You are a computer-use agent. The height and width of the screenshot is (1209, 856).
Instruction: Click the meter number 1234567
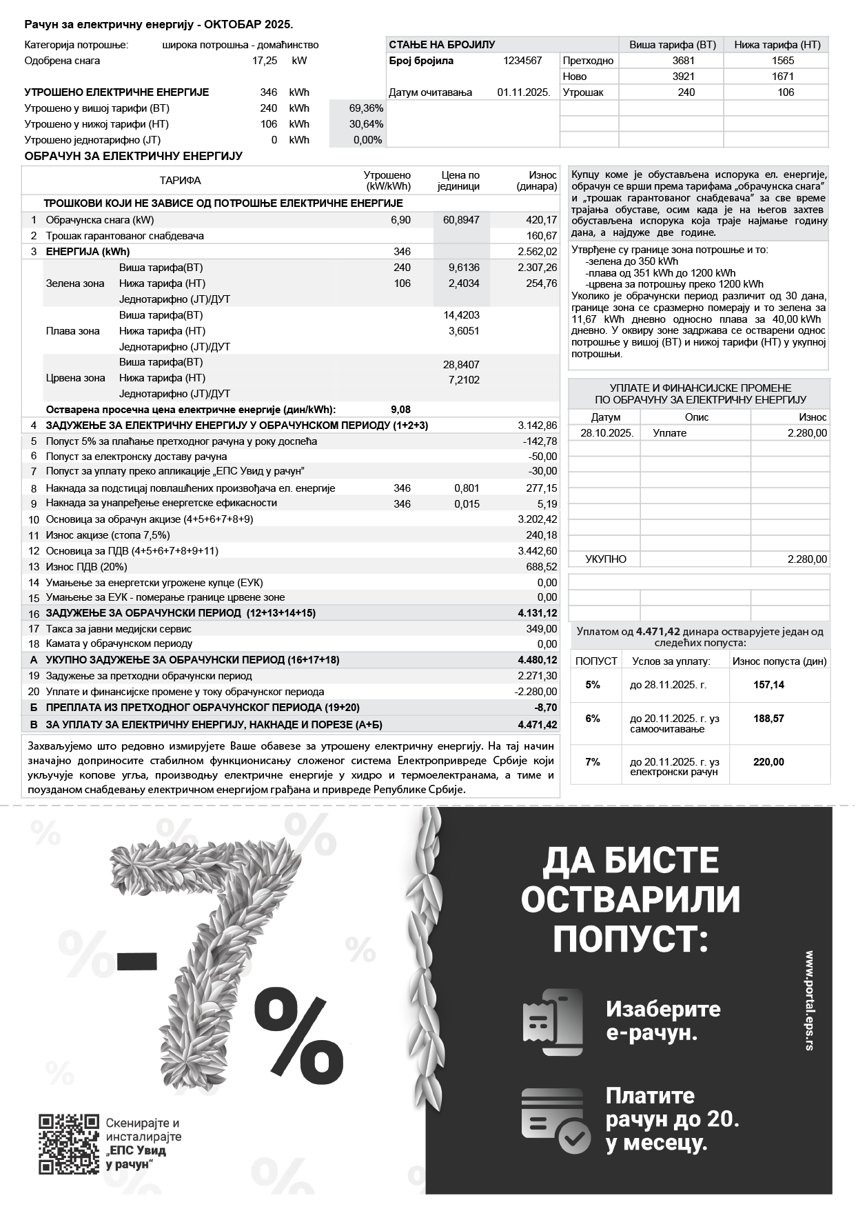(x=522, y=61)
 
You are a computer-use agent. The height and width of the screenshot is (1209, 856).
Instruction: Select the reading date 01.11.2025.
(x=523, y=92)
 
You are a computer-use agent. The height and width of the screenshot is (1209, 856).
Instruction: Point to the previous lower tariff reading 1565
(x=783, y=61)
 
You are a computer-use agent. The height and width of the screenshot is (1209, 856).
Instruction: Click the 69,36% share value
(x=366, y=108)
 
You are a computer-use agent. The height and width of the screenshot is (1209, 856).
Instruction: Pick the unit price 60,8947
(x=461, y=220)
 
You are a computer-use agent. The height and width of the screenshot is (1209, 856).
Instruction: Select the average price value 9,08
(x=400, y=410)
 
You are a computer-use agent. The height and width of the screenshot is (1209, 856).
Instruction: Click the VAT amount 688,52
(x=541, y=567)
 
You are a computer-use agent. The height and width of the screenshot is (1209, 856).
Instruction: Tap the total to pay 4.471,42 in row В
(x=538, y=725)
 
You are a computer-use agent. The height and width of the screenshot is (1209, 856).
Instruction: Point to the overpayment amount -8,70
(x=545, y=708)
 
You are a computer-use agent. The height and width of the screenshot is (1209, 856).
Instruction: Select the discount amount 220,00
(x=768, y=762)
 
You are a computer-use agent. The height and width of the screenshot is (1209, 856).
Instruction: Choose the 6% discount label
(x=593, y=719)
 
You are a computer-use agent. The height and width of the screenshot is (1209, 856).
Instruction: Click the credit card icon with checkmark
(x=556, y=1121)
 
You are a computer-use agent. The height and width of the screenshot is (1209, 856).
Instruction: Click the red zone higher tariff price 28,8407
(x=461, y=364)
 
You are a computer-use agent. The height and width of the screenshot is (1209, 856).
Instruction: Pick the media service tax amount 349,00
(x=541, y=629)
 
